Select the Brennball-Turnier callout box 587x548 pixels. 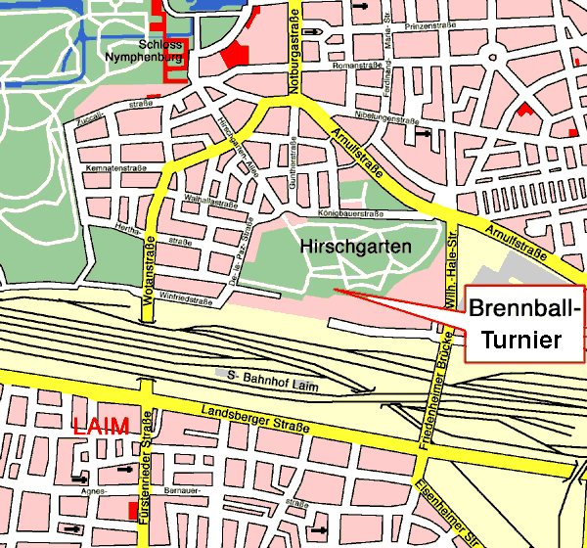(526, 324)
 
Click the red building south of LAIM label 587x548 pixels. (133, 510)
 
